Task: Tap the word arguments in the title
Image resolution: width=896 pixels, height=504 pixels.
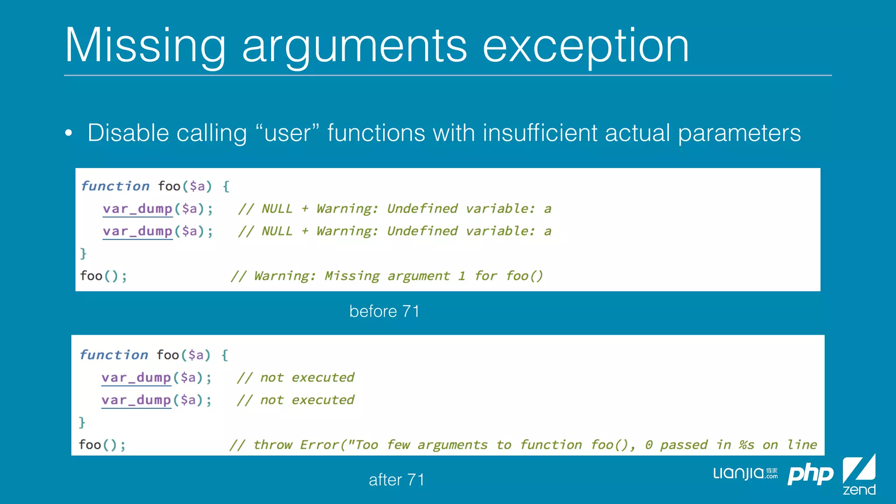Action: click(x=354, y=46)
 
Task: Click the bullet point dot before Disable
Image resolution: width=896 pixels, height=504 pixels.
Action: click(x=68, y=133)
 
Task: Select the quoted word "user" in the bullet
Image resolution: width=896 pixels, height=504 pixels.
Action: click(x=287, y=133)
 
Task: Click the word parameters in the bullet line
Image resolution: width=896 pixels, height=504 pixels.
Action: click(x=739, y=133)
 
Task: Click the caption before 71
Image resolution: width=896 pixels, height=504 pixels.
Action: click(x=384, y=311)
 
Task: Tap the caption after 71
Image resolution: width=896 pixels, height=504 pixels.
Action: click(x=396, y=479)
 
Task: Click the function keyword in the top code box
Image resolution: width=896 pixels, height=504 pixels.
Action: click(x=115, y=186)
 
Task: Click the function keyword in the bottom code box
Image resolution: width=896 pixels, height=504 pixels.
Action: click(x=114, y=355)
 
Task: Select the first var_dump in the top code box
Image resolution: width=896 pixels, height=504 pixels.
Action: click(x=137, y=209)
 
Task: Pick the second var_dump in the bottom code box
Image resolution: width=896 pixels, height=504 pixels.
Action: click(x=136, y=400)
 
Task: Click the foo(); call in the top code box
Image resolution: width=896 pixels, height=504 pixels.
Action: click(x=103, y=276)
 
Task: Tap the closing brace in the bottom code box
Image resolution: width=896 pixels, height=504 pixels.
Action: click(x=82, y=422)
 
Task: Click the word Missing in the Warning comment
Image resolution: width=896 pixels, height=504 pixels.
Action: click(x=352, y=276)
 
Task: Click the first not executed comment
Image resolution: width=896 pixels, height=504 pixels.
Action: click(x=295, y=378)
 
